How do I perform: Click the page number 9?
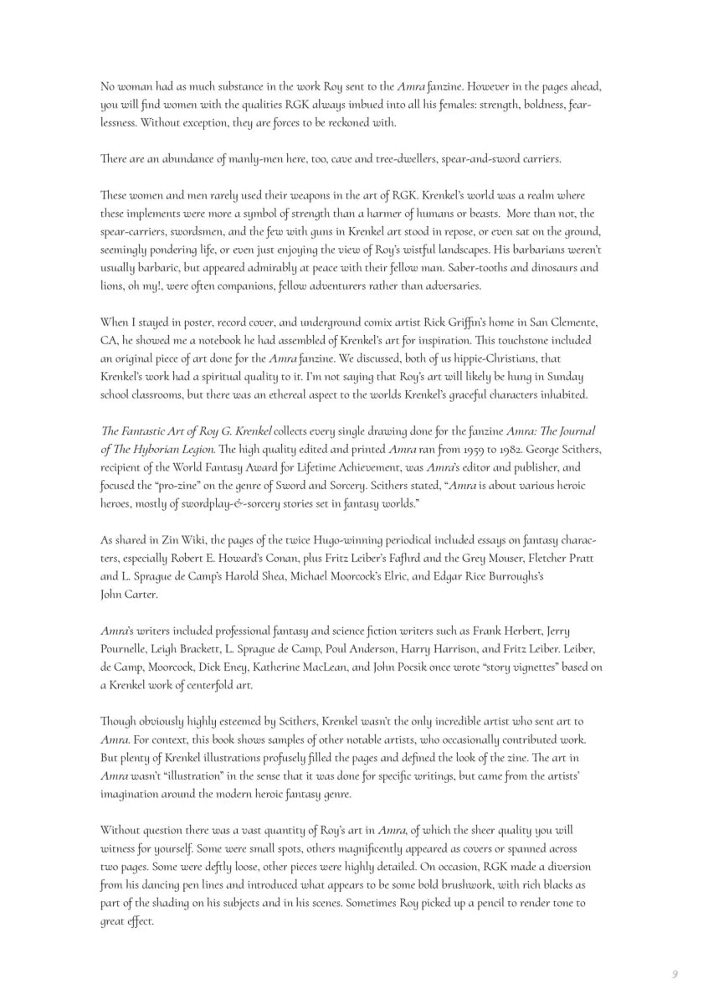pyautogui.click(x=674, y=973)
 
